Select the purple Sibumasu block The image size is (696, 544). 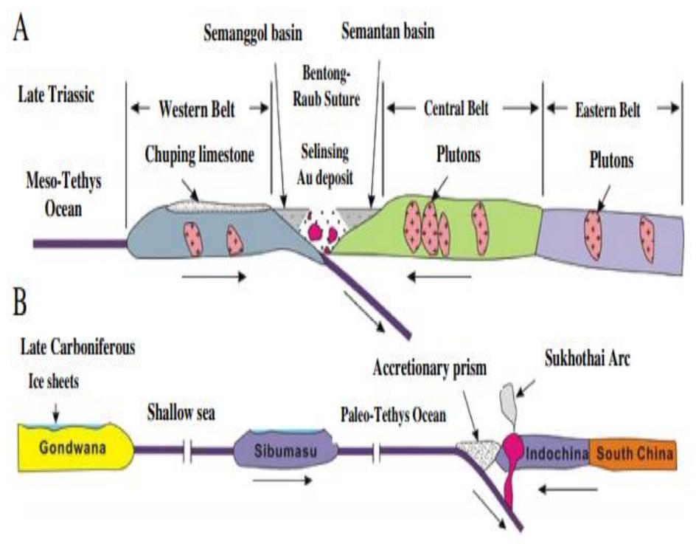click(285, 450)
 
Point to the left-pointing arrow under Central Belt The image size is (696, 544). click(441, 278)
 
